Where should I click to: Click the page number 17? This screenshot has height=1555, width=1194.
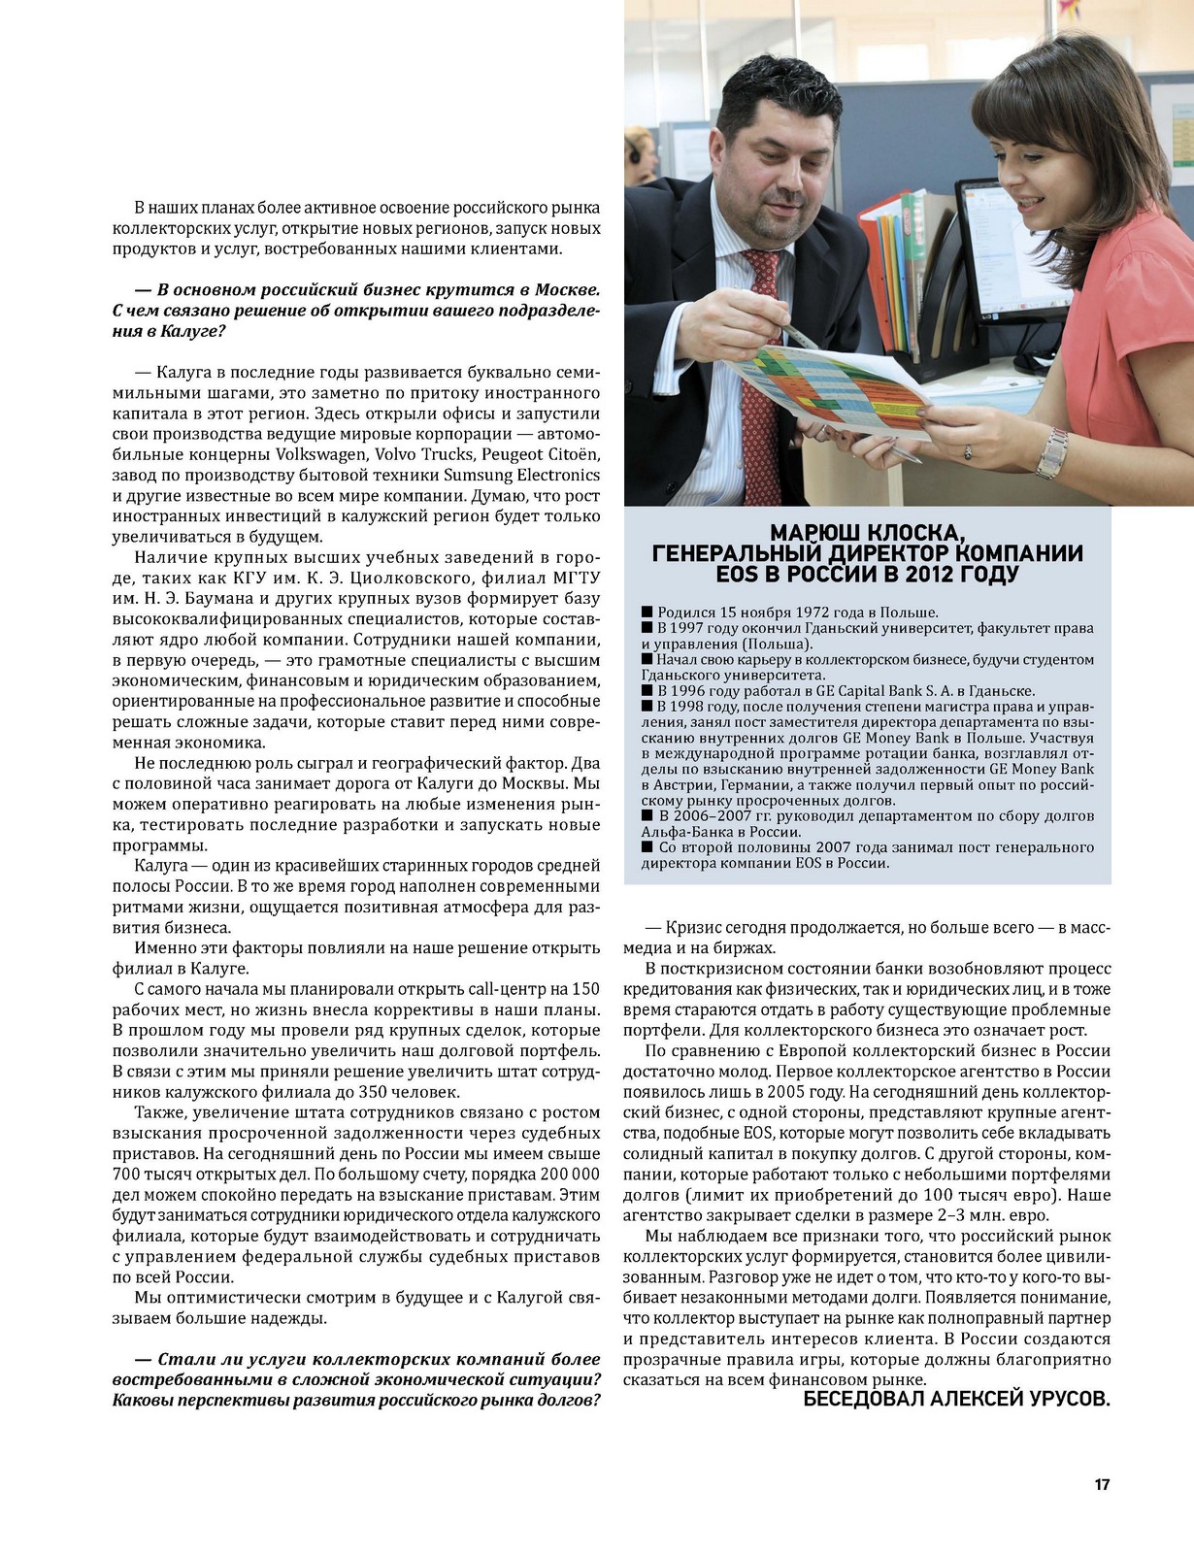click(1102, 1484)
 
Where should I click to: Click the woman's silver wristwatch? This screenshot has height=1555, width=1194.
click(1051, 453)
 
